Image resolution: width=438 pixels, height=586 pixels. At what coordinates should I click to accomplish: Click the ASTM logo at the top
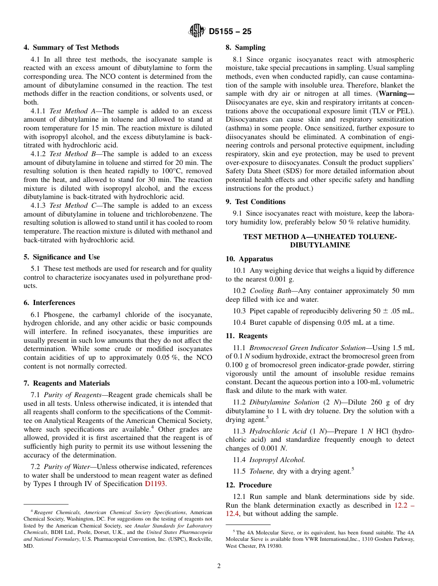click(197, 31)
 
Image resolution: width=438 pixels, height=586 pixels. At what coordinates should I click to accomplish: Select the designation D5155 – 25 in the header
click(230, 32)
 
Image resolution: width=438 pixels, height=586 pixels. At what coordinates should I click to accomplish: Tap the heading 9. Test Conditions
click(255, 202)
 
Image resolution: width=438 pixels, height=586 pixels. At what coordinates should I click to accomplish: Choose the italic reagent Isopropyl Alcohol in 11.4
click(277, 460)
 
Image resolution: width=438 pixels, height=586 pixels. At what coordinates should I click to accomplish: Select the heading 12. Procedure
click(249, 485)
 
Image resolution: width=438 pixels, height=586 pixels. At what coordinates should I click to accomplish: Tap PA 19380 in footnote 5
click(271, 546)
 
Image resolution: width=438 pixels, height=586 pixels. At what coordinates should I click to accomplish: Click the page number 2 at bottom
click(219, 566)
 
